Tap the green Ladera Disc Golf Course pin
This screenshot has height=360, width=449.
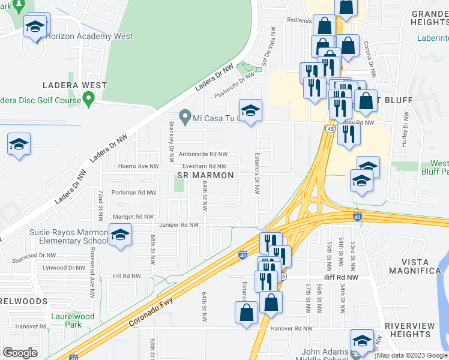tap(89, 98)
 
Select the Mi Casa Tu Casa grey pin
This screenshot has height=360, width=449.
tap(186, 117)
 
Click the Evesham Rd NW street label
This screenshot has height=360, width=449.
tap(205, 166)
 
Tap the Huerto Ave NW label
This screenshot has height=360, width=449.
tap(139, 166)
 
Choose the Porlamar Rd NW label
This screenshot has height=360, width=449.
tap(133, 193)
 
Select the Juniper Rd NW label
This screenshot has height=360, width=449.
tap(178, 225)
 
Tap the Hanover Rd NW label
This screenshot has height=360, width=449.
tap(291, 328)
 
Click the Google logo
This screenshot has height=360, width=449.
tap(20, 353)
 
